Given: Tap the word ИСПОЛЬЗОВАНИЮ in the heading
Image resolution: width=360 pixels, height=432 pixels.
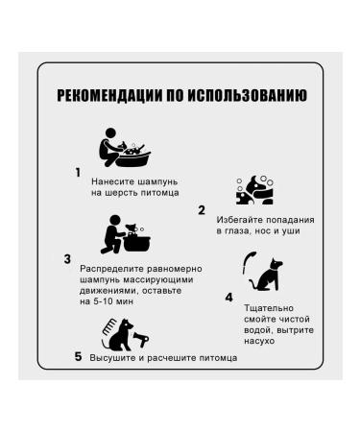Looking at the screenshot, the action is [x=247, y=95].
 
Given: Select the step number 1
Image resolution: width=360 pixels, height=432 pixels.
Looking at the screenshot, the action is [x=78, y=173].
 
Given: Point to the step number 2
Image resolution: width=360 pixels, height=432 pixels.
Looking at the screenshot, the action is [x=202, y=210].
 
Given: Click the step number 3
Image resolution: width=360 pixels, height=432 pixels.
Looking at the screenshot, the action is [x=67, y=259].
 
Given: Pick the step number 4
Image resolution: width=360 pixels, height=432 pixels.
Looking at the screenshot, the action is [x=228, y=298].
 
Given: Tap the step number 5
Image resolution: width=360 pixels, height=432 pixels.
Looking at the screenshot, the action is [x=79, y=356].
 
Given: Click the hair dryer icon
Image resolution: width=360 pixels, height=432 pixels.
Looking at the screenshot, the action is [x=141, y=339].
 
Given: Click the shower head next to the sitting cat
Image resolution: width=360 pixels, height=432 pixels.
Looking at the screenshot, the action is [x=248, y=261].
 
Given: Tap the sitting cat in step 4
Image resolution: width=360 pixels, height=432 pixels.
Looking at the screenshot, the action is [x=267, y=275].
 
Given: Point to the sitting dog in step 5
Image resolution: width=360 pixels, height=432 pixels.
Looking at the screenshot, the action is [x=119, y=335].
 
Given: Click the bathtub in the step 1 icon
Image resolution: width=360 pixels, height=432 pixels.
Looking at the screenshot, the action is [x=132, y=159].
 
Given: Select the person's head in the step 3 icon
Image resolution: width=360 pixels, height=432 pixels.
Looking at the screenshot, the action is [x=115, y=221].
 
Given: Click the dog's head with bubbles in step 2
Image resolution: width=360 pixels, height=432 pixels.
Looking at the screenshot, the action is [x=255, y=190].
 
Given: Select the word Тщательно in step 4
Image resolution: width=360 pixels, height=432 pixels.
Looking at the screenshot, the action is [x=269, y=308].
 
